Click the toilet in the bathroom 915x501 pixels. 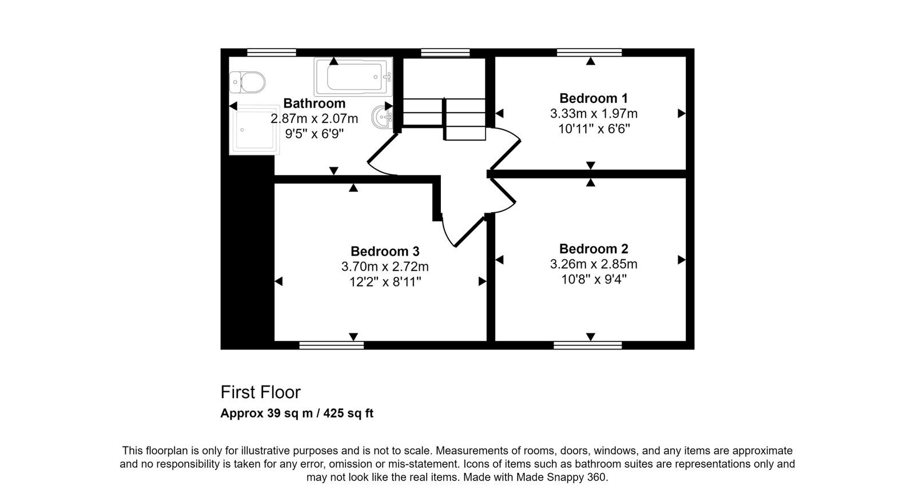click(x=247, y=82)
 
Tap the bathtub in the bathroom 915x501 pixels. click(x=353, y=77)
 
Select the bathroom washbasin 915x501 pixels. click(x=382, y=117)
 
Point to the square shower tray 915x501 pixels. click(x=254, y=130)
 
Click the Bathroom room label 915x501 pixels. click(x=314, y=103)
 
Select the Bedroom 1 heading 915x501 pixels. click(x=593, y=98)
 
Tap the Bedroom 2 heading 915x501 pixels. click(x=593, y=248)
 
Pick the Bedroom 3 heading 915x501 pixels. click(x=385, y=251)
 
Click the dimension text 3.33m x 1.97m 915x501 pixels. click(x=594, y=113)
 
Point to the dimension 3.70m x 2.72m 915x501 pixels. click(x=385, y=267)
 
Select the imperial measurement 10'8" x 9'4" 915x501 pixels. click(x=594, y=280)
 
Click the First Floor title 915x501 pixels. click(x=260, y=392)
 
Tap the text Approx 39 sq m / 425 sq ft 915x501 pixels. click(x=297, y=413)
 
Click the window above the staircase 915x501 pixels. click(x=445, y=52)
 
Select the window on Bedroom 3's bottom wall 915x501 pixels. click(x=331, y=345)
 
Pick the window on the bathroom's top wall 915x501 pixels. click(x=271, y=52)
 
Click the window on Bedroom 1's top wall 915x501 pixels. click(x=589, y=52)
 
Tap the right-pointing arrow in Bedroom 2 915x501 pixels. click(x=682, y=260)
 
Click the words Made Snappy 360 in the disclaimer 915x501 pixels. click(x=561, y=477)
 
